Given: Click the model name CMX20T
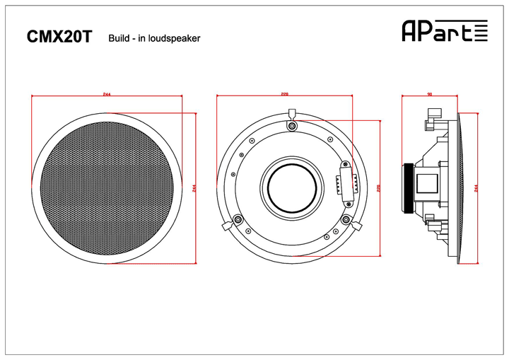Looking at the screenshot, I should click(x=59, y=37).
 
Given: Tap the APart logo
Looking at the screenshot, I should click(x=445, y=30).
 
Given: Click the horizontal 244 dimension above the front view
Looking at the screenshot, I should click(x=106, y=94).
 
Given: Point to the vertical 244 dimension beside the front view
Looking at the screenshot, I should click(x=194, y=187).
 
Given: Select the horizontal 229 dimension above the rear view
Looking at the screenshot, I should click(x=285, y=94).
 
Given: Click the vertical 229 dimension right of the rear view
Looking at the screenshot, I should click(x=380, y=187).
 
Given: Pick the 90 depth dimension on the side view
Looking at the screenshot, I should click(x=430, y=94).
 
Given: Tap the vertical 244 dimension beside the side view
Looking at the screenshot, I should click(x=476, y=187).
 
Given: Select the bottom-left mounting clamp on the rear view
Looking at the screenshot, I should click(x=238, y=221).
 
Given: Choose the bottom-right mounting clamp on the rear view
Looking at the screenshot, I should click(x=347, y=221).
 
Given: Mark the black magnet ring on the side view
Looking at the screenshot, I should click(x=408, y=187).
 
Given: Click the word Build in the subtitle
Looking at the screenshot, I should click(x=119, y=38).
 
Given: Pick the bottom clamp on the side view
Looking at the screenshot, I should click(x=432, y=225).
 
